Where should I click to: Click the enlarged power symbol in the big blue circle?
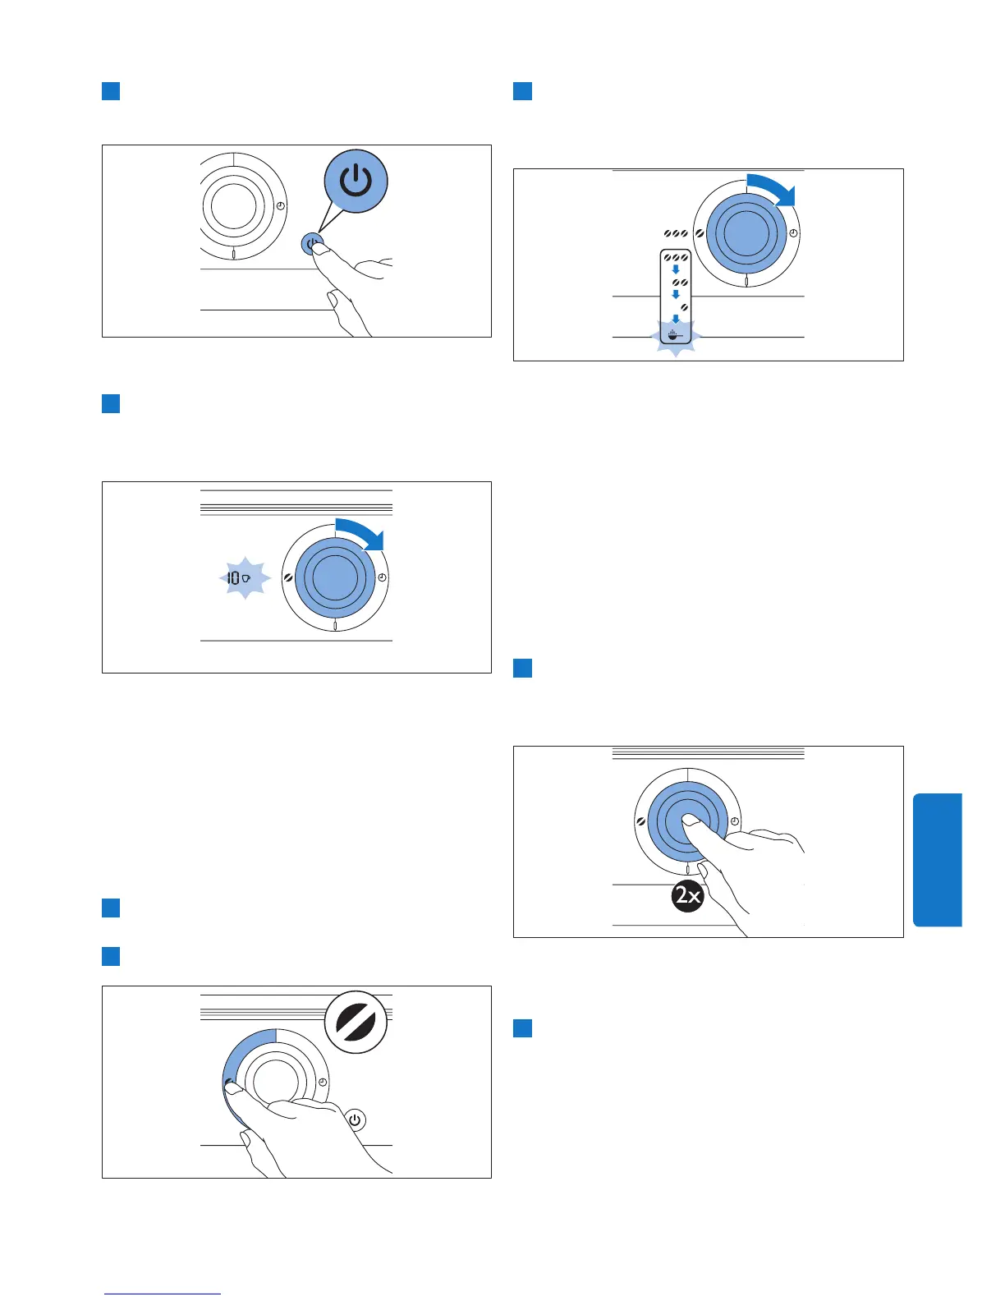pos(356,182)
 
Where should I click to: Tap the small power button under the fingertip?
pos(311,244)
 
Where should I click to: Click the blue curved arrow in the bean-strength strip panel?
pos(773,190)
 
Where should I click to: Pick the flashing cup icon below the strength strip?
pos(675,335)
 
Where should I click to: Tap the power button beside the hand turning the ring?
pos(355,1120)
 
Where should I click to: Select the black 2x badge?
pos(687,894)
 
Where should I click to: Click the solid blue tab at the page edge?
pos(937,859)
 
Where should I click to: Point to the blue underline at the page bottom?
pos(162,1294)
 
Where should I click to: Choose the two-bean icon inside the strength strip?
pos(680,283)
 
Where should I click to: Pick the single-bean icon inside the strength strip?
pos(683,307)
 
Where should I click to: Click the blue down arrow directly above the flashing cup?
pos(676,319)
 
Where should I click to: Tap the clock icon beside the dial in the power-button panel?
pos(281,206)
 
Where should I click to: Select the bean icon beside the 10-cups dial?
pos(288,578)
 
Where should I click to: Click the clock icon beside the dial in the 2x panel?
pos(735,821)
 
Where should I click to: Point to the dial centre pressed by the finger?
pos(688,821)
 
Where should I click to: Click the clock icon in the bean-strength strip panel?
pos(793,234)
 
